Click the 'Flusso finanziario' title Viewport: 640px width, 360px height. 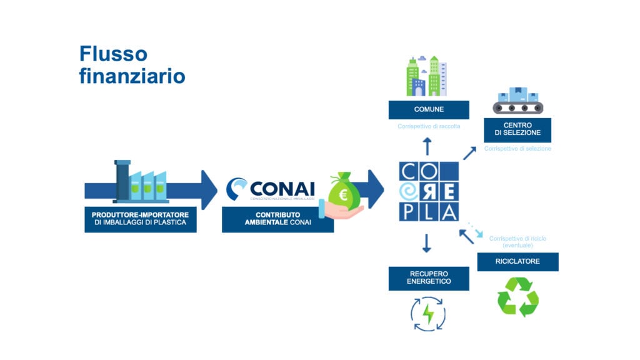pyautogui.click(x=132, y=64)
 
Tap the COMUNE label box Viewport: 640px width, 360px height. pyautogui.click(x=428, y=109)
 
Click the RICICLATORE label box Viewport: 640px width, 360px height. pyautogui.click(x=517, y=261)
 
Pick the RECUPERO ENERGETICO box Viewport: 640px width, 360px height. pyautogui.click(x=428, y=278)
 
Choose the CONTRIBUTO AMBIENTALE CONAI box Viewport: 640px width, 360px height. pyautogui.click(x=277, y=219)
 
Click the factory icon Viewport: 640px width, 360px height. pyautogui.click(x=141, y=182)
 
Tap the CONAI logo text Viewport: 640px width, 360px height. pyautogui.click(x=281, y=187)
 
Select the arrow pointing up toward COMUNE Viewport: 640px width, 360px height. pyautogui.click(x=427, y=146)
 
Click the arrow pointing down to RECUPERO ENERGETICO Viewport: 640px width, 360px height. pyautogui.click(x=427, y=242)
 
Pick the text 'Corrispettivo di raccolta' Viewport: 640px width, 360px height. pyautogui.click(x=429, y=126)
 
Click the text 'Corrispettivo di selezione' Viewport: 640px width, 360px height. pyautogui.click(x=517, y=149)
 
